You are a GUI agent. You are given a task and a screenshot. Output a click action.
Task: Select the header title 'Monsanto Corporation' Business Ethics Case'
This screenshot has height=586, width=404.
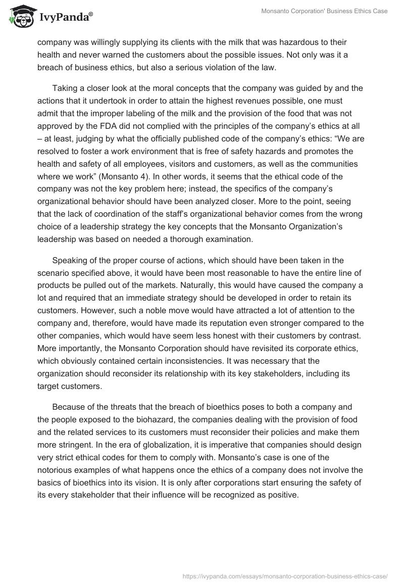(x=324, y=11)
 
